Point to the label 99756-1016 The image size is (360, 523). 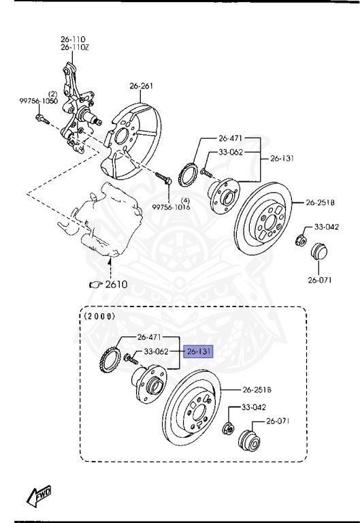[171, 206]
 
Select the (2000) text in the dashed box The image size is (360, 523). [99, 316]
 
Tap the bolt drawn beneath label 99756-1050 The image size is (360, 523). [39, 121]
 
